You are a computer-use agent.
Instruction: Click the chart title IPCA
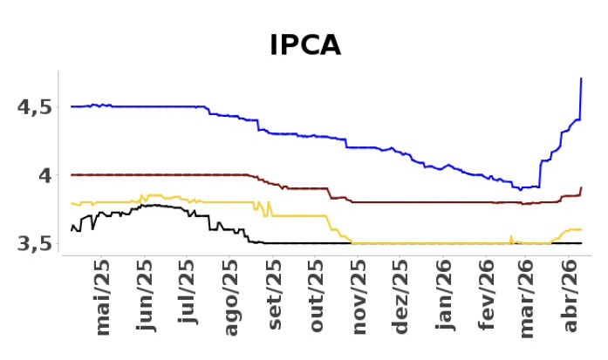point(304,44)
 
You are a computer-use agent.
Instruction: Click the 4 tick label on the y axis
point(43,175)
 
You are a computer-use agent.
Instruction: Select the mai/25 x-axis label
point(104,296)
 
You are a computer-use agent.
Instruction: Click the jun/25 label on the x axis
point(147,296)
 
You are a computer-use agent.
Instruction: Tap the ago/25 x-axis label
point(231,296)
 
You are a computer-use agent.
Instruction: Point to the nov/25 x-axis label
point(359,296)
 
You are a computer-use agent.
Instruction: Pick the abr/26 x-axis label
point(571,296)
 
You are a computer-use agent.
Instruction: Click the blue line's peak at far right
point(581,79)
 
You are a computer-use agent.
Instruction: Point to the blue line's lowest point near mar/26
point(520,189)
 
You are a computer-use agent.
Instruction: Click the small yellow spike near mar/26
point(510,236)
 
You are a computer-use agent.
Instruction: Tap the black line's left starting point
point(72,228)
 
